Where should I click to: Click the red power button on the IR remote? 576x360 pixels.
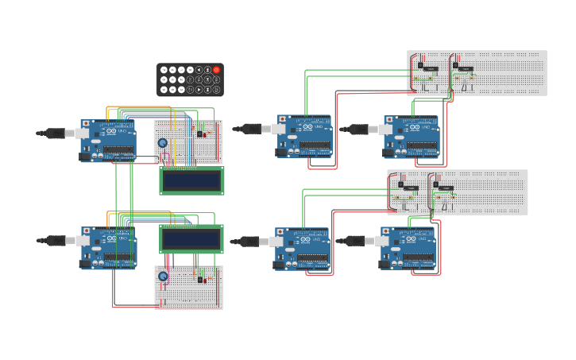click(x=216, y=70)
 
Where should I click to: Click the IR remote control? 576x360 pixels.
click(x=190, y=79)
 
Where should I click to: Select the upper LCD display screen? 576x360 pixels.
click(x=191, y=180)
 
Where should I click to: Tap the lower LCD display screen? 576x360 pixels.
click(x=191, y=239)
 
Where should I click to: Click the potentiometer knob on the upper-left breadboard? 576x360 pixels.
click(x=163, y=143)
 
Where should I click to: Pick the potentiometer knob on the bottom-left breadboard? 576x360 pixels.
click(x=163, y=277)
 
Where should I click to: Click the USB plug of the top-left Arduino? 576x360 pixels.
click(x=57, y=134)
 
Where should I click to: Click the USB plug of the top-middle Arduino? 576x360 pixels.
click(x=253, y=129)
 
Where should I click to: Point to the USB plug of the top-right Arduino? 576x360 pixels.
click(x=360, y=129)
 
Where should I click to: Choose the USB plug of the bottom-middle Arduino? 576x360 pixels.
click(x=251, y=242)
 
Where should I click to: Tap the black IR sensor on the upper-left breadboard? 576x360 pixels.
click(x=199, y=133)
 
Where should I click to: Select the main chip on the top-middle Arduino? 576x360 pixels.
click(x=315, y=145)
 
